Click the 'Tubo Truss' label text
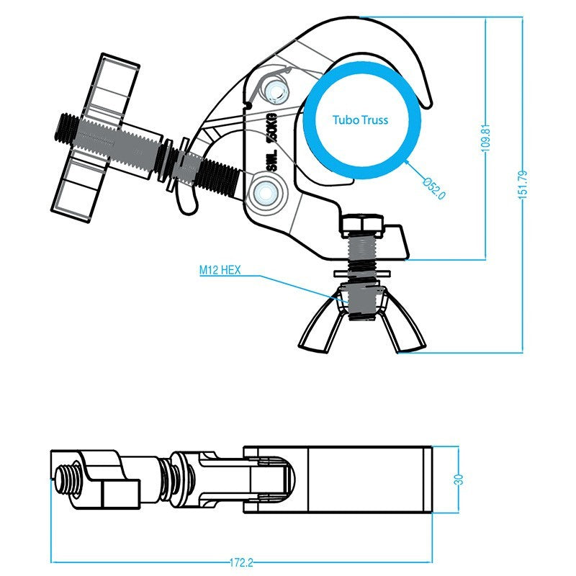(x=361, y=120)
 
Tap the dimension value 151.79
(x=523, y=185)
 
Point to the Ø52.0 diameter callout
(x=435, y=188)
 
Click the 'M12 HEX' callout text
(x=220, y=271)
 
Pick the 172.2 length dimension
(x=241, y=562)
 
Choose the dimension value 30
(x=459, y=480)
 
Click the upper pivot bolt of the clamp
(x=275, y=90)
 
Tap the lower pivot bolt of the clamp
(x=266, y=192)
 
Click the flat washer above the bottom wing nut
(x=362, y=274)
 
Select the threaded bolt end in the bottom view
(x=66, y=479)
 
